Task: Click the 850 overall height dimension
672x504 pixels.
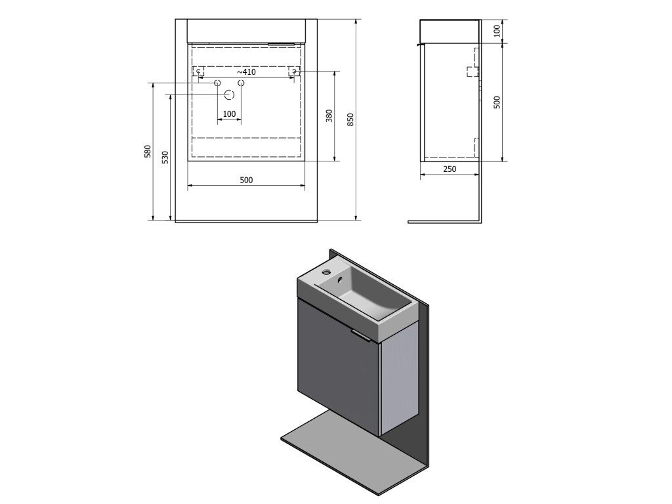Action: (350, 119)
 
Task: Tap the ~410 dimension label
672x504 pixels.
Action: (247, 72)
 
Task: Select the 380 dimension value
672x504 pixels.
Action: (329, 115)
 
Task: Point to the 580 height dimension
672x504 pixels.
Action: (148, 152)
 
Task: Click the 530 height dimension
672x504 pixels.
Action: (165, 157)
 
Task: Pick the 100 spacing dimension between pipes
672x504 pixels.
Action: (229, 114)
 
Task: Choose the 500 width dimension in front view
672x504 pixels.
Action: (246, 180)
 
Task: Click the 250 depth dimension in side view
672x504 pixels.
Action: (449, 169)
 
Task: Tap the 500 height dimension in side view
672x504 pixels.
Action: (497, 102)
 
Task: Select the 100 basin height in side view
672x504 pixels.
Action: (497, 31)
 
